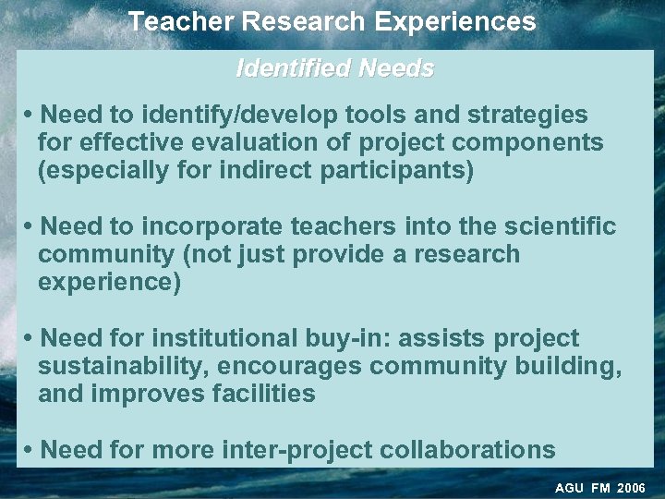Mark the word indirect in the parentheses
point(263,171)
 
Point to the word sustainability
point(123,367)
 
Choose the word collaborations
point(468,451)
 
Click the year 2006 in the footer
point(632,488)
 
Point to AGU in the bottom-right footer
point(569,488)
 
